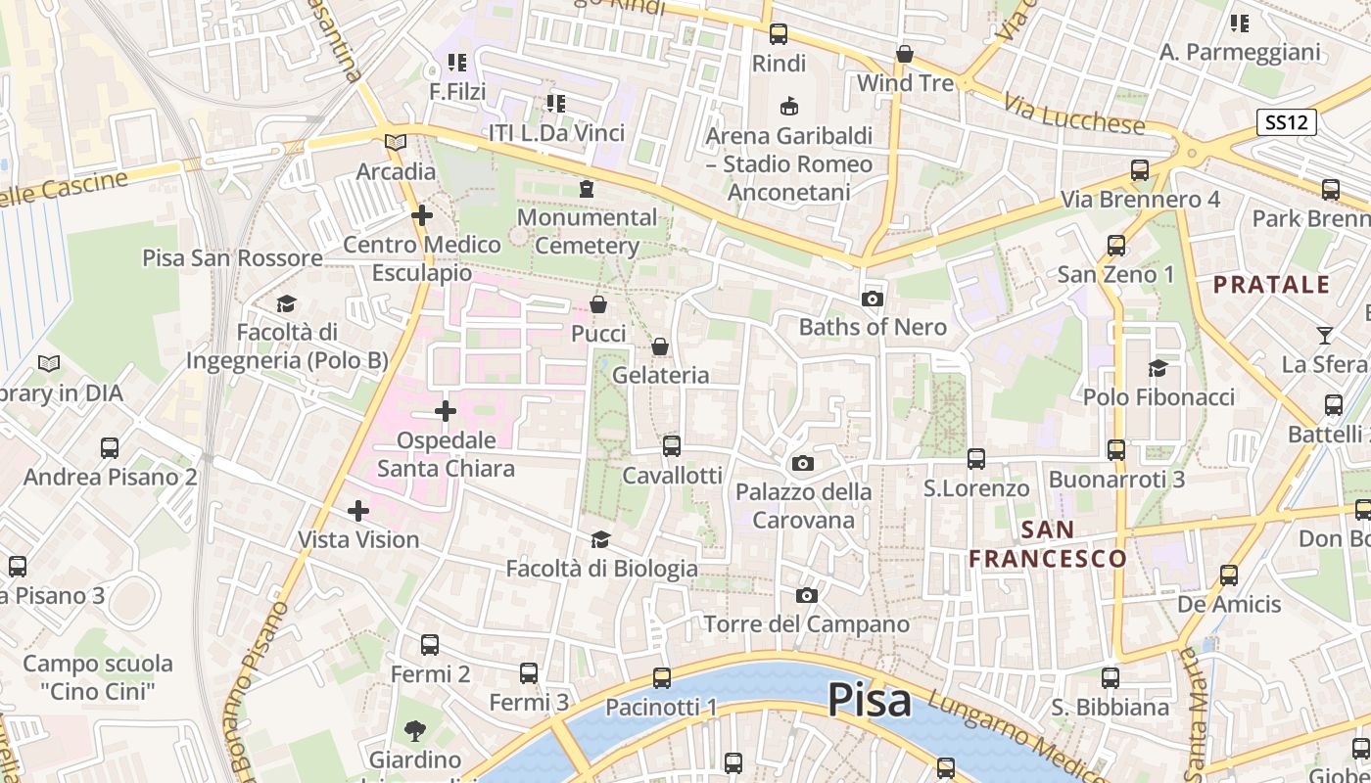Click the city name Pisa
[869, 700]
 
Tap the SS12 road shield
[1287, 122]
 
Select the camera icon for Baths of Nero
[872, 299]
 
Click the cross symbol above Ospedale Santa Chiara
[446, 411]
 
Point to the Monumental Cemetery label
[587, 231]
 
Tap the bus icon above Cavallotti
[672, 446]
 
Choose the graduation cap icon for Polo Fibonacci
[1158, 368]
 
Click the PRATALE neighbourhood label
[1272, 285]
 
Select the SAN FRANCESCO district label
[1048, 544]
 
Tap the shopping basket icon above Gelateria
[660, 346]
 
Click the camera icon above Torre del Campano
[806, 595]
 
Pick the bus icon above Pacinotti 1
[662, 677]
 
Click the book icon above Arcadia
[396, 143]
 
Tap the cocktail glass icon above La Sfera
[1324, 336]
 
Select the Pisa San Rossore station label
[232, 258]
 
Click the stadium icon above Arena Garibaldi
[788, 106]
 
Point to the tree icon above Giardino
[415, 730]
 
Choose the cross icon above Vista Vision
[358, 510]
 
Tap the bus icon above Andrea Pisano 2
[110, 448]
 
